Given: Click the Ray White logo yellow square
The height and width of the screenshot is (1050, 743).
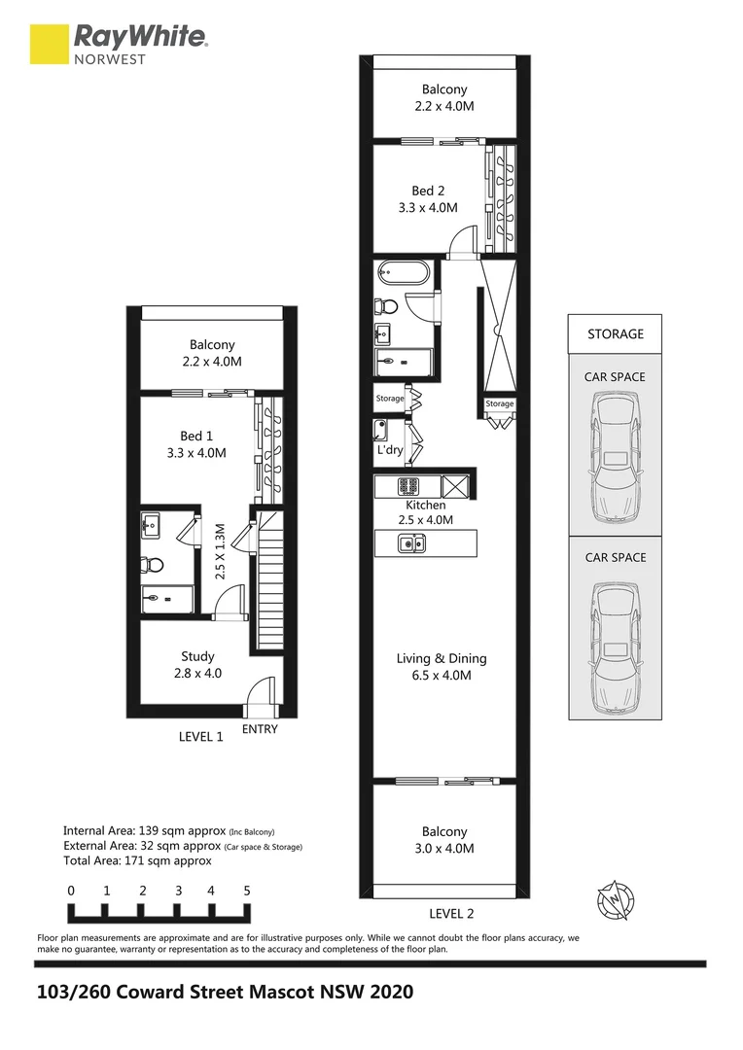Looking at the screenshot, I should pos(50,44).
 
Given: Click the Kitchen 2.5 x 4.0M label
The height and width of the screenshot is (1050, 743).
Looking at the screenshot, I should pos(426,512).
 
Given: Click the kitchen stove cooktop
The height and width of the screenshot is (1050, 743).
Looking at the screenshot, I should pos(407,485).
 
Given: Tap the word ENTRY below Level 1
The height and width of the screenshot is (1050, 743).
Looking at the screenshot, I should pos(260,729).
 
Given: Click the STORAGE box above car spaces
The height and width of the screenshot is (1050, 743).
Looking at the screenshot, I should pos(615,333).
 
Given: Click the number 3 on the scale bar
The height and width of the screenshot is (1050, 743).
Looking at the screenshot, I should pos(178,890).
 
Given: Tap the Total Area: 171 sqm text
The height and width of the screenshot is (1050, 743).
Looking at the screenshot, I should pos(137,860).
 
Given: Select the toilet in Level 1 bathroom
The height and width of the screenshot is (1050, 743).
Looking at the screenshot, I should pos(151,563).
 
